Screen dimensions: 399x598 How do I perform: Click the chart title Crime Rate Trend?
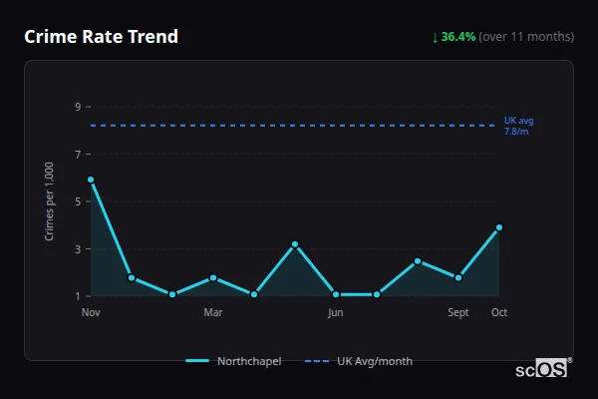point(102,37)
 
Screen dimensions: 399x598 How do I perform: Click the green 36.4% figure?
point(458,37)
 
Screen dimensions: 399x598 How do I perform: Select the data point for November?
point(91,180)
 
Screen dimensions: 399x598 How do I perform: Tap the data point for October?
point(499,227)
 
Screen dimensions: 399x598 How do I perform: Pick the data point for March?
point(213,277)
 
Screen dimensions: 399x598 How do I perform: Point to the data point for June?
point(336,294)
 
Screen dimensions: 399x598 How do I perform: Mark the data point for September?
point(458,277)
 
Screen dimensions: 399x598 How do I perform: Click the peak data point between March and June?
point(295,244)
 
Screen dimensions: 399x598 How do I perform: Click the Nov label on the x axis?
point(91,312)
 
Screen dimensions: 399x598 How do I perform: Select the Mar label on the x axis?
point(213,312)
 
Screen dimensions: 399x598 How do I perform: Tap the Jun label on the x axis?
point(336,312)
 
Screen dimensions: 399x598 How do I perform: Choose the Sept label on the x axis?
point(458,312)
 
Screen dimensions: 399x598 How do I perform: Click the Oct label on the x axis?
point(499,312)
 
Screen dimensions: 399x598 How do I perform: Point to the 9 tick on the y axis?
point(77,107)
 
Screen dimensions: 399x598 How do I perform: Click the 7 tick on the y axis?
point(77,154)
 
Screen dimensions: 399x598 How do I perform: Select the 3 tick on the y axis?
point(77,248)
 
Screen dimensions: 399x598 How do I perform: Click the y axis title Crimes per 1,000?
point(49,201)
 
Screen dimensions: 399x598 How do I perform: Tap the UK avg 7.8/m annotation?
point(518,126)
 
